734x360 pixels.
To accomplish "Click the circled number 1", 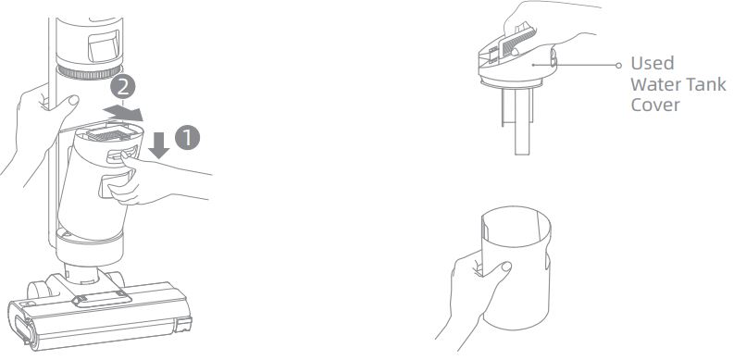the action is [x=187, y=138].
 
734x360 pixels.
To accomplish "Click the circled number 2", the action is [x=123, y=86].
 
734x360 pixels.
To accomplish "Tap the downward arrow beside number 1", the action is [x=159, y=145].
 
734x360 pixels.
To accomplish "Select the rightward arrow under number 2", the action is [x=123, y=113].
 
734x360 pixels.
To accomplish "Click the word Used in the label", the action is [x=652, y=63].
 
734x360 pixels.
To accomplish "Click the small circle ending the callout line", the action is [x=618, y=66].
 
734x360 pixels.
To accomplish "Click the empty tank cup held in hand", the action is [x=516, y=267].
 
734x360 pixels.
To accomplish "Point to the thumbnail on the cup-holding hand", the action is [x=505, y=267].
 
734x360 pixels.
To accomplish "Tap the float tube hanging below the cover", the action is [x=521, y=122].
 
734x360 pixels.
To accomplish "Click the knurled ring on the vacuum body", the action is [x=89, y=72].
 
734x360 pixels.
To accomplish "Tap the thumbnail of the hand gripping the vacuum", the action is [x=73, y=100].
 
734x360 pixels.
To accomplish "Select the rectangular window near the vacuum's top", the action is [x=104, y=46].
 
